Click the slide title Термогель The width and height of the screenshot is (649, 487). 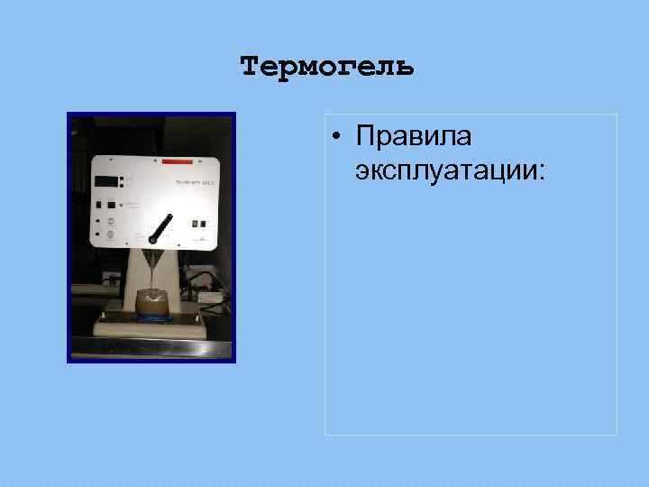click(x=327, y=67)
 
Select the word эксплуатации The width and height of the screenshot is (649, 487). click(x=446, y=170)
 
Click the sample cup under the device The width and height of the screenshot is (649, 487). click(x=152, y=304)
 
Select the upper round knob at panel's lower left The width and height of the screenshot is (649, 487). click(x=110, y=219)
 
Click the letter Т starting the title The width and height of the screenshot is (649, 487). click(x=251, y=67)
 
